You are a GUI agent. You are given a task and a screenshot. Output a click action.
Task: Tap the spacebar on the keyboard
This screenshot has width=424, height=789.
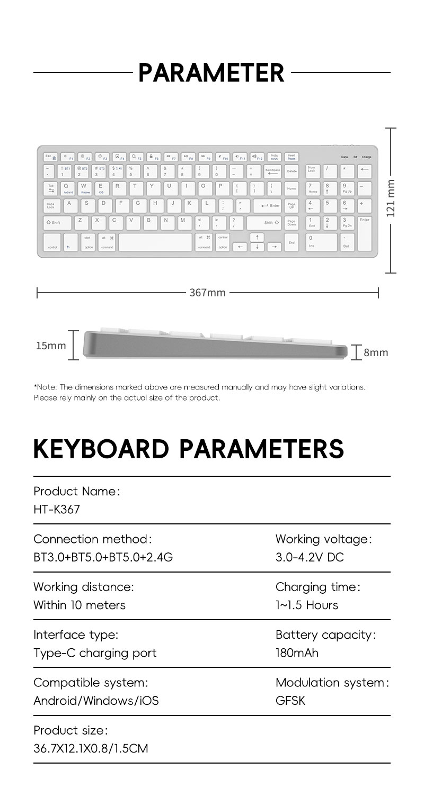tap(155, 242)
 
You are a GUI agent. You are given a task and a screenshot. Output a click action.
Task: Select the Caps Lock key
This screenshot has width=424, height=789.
tap(50, 206)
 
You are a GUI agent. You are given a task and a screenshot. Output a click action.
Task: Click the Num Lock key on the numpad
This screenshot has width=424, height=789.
tap(312, 170)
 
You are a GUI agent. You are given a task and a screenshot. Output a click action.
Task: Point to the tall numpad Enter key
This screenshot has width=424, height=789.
tap(364, 233)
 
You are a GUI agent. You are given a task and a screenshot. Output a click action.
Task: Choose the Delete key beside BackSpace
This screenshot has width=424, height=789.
tap(292, 170)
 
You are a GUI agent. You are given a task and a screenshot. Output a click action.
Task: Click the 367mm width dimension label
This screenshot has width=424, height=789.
tap(208, 293)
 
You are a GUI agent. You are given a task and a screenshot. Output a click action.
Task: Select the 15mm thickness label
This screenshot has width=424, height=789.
tap(51, 346)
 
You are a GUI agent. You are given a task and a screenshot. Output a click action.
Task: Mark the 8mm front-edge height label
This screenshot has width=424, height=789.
tap(376, 352)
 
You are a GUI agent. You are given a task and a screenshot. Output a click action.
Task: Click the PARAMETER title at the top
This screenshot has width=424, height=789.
tap(211, 72)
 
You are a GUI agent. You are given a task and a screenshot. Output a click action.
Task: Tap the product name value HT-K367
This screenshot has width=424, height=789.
tap(57, 510)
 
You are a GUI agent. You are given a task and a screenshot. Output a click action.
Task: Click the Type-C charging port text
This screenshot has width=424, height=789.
tap(95, 652)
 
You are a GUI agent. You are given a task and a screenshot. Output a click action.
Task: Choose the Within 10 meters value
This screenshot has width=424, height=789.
tap(79, 605)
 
